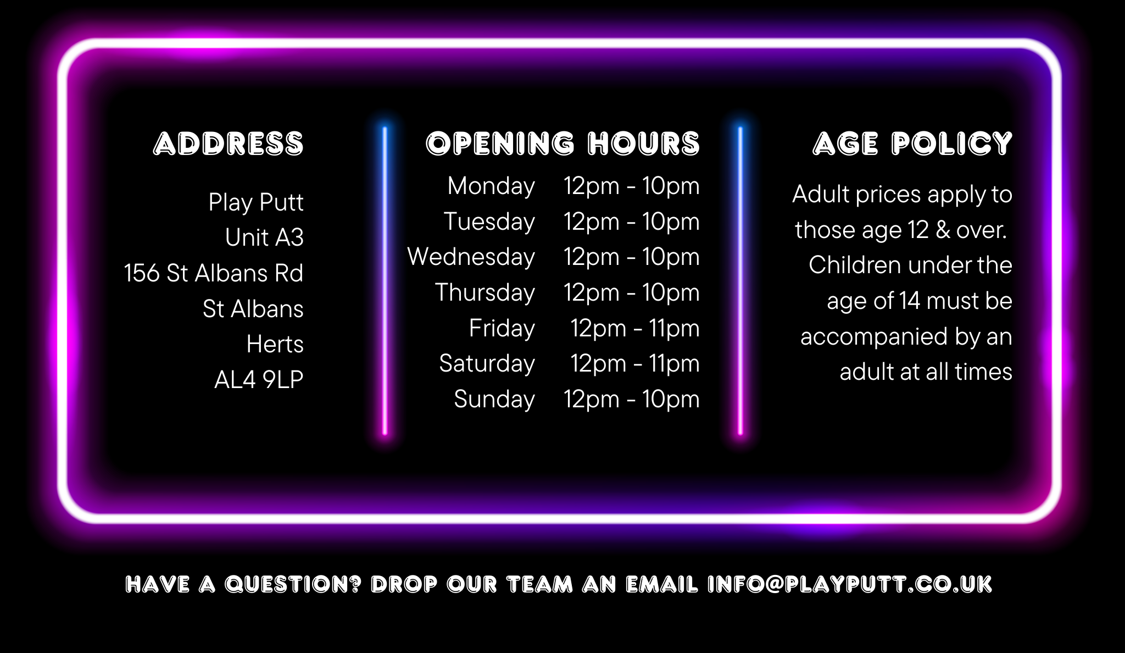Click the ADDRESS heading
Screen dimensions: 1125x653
tap(229, 144)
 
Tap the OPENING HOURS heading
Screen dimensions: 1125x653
tap(563, 144)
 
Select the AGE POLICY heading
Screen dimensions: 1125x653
tap(912, 144)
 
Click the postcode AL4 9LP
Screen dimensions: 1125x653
tap(259, 380)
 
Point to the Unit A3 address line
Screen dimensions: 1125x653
tap(264, 237)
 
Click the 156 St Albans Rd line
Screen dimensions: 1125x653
tap(214, 273)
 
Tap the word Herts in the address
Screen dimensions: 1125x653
tap(275, 344)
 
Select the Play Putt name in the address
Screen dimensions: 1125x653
tap(256, 202)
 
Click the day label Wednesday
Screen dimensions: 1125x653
tap(471, 257)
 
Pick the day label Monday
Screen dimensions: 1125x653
tap(492, 186)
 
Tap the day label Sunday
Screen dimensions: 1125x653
tap(494, 400)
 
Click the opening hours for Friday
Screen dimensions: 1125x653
tap(635, 329)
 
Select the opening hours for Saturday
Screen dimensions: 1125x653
tap(635, 364)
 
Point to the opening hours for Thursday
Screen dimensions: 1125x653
tap(632, 293)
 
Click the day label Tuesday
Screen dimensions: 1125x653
tap(489, 222)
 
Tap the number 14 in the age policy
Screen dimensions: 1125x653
tap(910, 301)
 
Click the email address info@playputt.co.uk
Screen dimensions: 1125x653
tap(850, 584)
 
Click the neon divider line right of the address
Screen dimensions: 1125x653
tap(385, 281)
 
